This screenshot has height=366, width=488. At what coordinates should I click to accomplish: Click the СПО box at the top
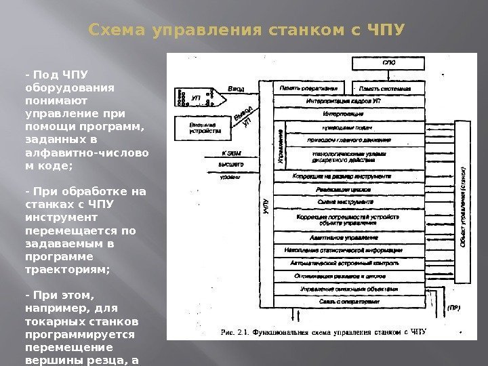(x=389, y=64)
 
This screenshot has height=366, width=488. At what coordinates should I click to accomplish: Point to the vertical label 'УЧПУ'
(x=265, y=207)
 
